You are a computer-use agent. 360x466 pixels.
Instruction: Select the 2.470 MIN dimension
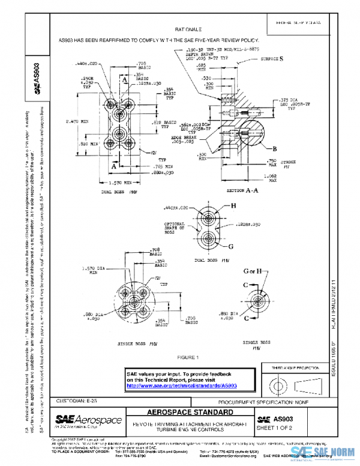click(x=77, y=123)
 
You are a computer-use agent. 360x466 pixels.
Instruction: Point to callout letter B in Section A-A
click(x=274, y=148)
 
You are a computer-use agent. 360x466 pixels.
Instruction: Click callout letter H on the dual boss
click(x=234, y=205)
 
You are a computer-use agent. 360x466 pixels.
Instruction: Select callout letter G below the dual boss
click(x=230, y=246)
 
